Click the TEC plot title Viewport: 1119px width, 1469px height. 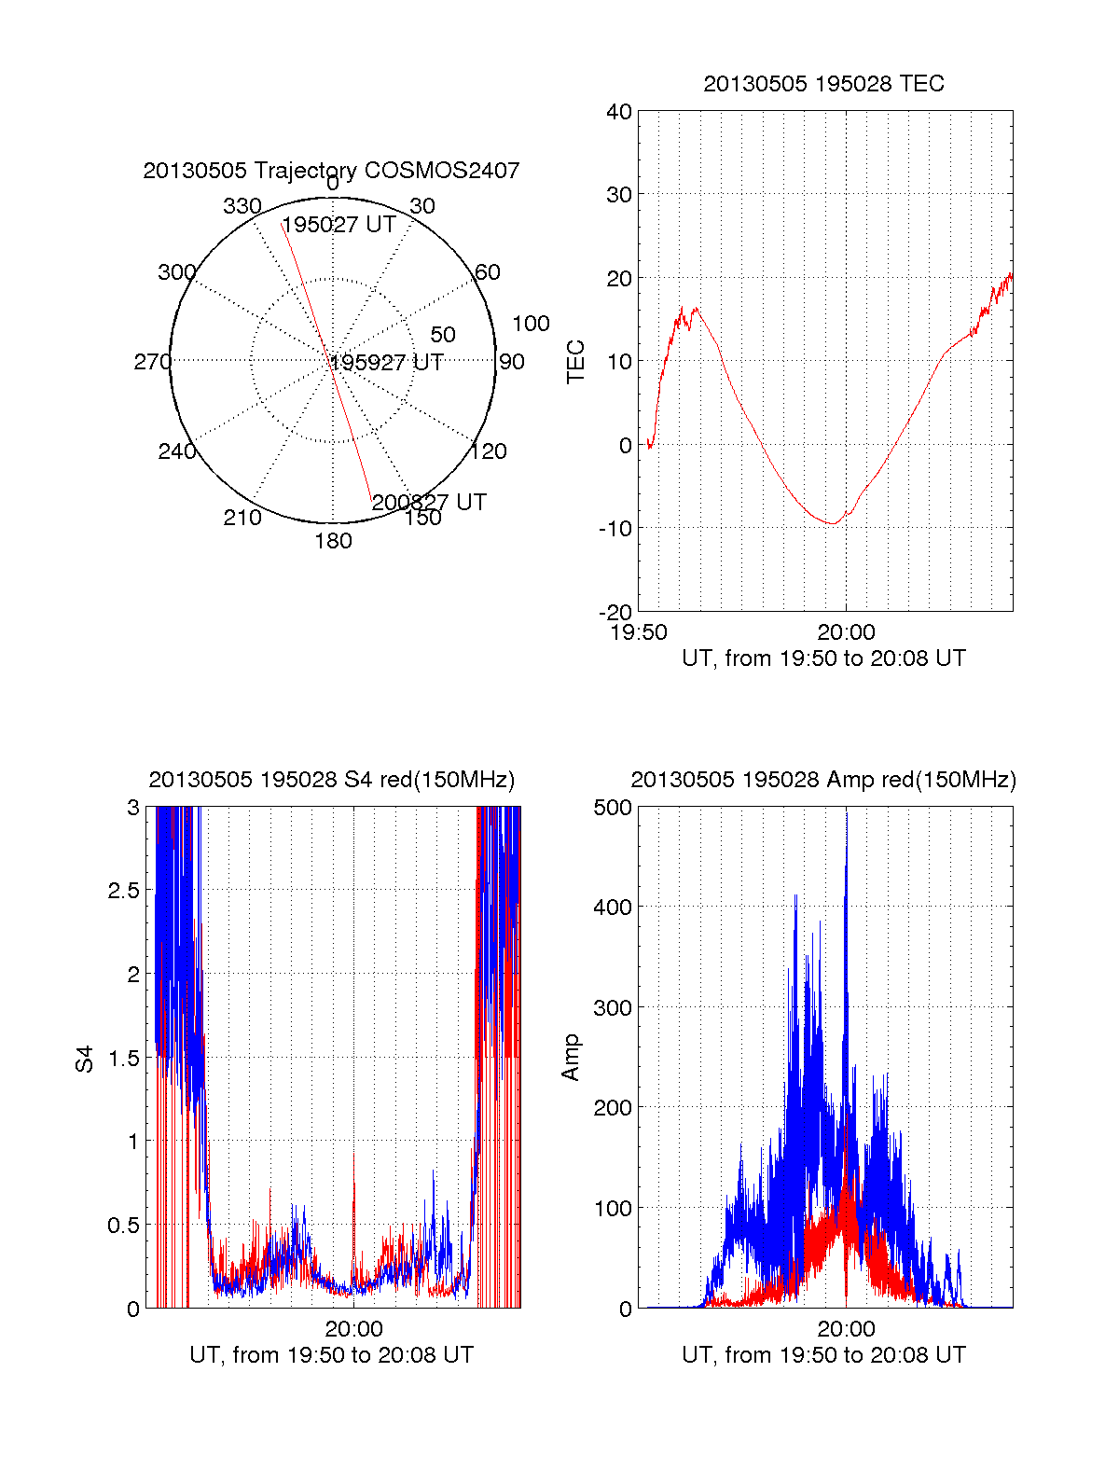(x=823, y=84)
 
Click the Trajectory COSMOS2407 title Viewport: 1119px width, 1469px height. (x=331, y=171)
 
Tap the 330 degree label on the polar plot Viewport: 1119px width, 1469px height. (x=242, y=206)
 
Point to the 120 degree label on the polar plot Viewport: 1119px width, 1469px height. (x=489, y=451)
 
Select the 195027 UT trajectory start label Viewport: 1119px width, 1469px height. (x=339, y=225)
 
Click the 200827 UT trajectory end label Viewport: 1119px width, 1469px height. (x=429, y=502)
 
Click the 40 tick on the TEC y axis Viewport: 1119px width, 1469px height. (x=619, y=112)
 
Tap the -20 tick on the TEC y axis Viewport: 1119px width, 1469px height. (x=615, y=612)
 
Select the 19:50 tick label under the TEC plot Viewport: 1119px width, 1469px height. (x=639, y=632)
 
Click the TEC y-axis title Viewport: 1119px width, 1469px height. (x=576, y=362)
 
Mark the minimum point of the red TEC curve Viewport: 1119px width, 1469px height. (x=832, y=523)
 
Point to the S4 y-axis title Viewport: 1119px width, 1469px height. (x=85, y=1059)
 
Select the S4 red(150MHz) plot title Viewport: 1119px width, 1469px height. (x=331, y=780)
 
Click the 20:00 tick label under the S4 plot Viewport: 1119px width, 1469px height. (x=354, y=1329)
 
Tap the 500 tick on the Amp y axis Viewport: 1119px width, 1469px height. (x=613, y=808)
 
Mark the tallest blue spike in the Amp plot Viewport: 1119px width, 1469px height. (x=847, y=813)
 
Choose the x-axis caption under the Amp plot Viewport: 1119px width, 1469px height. (x=823, y=1355)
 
